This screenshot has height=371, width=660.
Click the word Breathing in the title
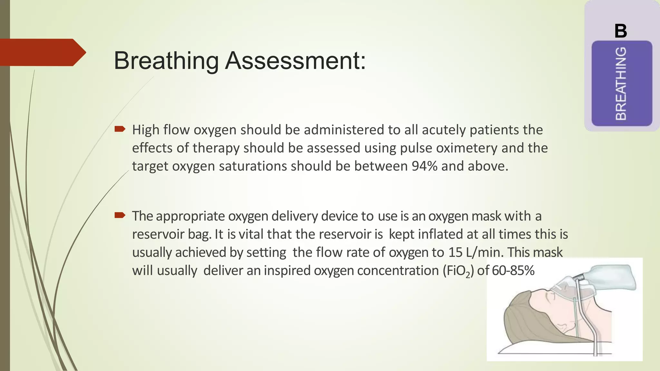[166, 61]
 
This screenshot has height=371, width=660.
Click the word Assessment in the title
[295, 61]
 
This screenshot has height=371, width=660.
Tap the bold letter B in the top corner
[621, 31]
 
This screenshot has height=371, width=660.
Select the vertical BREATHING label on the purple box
[621, 83]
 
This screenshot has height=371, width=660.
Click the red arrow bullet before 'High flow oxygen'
[120, 129]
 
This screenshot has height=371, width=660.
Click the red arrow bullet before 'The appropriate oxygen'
[120, 215]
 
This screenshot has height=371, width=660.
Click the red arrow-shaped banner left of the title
[42, 52]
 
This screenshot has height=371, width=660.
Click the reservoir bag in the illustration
[609, 277]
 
